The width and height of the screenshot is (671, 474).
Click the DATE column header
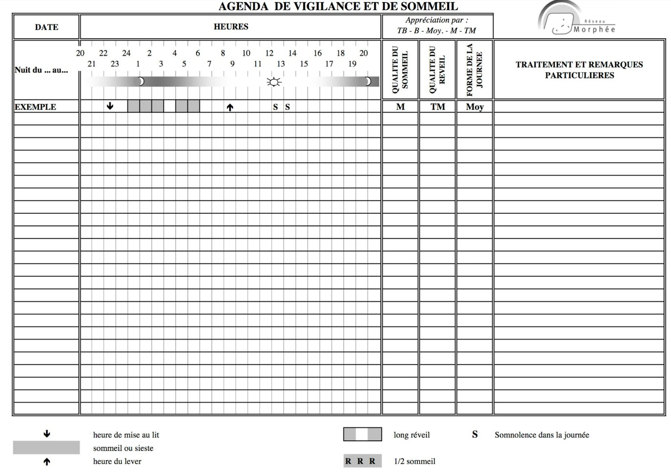(46, 27)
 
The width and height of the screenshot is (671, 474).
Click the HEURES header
(231, 26)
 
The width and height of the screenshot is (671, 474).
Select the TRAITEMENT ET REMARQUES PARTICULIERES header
(579, 69)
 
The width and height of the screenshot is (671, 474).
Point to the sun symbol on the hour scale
(274, 82)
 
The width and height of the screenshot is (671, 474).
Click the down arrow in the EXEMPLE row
(110, 106)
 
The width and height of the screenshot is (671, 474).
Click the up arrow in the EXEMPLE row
(230, 107)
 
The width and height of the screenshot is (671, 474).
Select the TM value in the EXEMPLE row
(437, 107)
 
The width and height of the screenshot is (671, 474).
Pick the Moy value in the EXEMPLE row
(475, 107)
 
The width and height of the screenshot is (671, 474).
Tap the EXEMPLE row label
(35, 107)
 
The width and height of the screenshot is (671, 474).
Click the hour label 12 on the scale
(269, 53)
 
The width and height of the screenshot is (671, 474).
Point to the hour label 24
(126, 53)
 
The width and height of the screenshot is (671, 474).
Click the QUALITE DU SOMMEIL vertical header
(400, 69)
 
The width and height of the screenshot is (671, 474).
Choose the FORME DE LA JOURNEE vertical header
(474, 69)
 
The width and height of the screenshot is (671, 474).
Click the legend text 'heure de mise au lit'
(126, 434)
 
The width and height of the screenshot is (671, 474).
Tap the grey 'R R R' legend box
(362, 461)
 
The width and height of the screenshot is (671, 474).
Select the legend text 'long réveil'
(411, 434)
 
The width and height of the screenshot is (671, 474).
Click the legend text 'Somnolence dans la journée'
(541, 434)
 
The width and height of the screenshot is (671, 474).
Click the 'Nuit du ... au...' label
(41, 70)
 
